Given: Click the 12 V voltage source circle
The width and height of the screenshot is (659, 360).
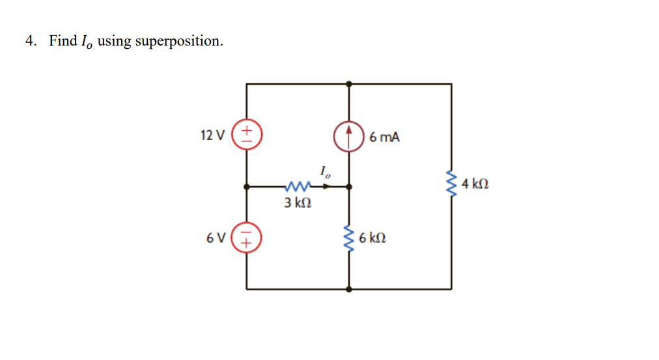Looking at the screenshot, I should pos(247,135).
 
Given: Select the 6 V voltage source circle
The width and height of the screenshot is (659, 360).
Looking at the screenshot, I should pos(247,238).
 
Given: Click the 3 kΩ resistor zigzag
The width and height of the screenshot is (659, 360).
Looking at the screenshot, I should pos(298,187).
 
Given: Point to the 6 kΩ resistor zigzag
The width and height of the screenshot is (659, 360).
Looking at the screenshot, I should pos(349,238).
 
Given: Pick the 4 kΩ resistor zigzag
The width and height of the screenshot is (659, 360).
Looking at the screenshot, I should pos(451,184).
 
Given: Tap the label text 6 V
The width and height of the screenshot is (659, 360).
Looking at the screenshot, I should pos(216,238).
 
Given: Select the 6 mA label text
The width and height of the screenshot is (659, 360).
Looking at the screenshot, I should pos(384,137).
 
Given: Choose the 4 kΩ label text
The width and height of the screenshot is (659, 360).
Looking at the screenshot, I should pos(475,184).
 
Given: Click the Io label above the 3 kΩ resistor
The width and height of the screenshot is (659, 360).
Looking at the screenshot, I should pos(326,173).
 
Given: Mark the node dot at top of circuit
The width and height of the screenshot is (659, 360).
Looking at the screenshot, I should pos(349,84).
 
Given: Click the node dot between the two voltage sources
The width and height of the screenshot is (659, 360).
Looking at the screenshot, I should pos(247,187).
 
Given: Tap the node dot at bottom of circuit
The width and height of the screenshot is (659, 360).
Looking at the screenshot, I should pos(349,289).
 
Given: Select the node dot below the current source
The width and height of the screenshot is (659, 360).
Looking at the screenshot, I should pos(349,187).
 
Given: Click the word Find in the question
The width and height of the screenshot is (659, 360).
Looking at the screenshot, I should pos(63,41).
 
